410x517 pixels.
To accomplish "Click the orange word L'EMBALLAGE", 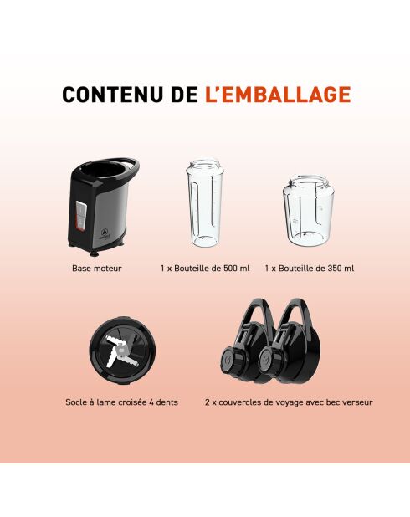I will coord(277,95).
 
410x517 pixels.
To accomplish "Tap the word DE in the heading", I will coord(184,95).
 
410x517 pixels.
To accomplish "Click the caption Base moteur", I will coord(97,269).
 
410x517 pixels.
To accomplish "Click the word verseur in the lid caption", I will coord(356,402).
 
